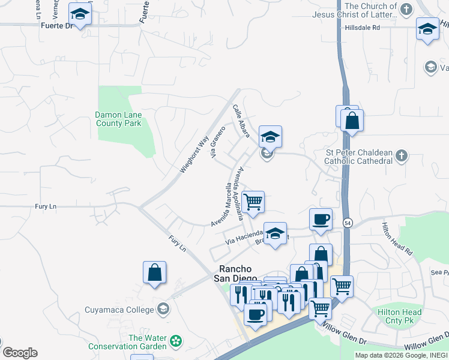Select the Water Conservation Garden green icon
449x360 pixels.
point(175,341)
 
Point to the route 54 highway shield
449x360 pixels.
point(348,223)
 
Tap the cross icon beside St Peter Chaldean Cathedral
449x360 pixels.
point(402,157)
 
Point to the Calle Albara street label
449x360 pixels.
point(241,121)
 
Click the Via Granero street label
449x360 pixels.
point(217,142)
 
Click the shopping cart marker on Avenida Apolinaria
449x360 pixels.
point(253,201)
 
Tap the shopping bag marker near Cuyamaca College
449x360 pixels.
point(155,272)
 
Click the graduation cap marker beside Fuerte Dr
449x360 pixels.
point(79,13)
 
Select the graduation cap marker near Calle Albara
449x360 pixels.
point(270,136)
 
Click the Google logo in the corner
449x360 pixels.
point(19,353)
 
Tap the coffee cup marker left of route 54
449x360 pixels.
point(321,219)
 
